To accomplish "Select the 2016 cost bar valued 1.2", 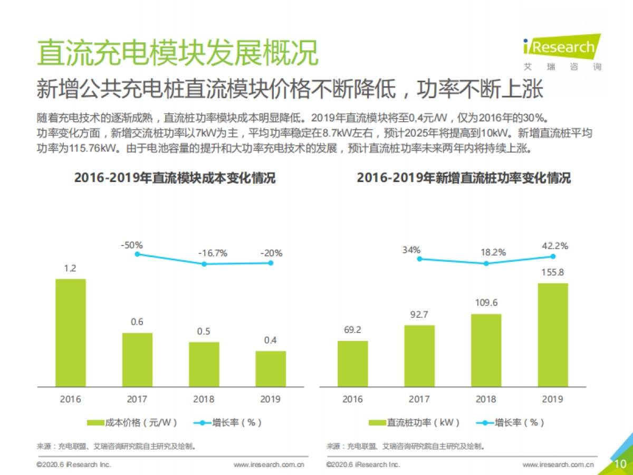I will pos(70,332).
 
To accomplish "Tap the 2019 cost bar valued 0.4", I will pos(271,368).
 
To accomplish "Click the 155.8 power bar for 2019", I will pos(553,335).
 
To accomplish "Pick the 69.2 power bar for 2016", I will pos(353,364).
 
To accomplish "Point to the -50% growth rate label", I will pos(131,245).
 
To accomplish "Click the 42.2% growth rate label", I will pos(555,245).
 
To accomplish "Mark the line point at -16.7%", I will pos(205,263).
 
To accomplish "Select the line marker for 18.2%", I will pos(486,263).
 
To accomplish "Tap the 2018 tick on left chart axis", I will pos(204,399).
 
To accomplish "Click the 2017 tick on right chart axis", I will pos(419,399).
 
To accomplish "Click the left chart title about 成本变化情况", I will pos(175,178).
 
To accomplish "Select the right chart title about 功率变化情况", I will pos(463,178).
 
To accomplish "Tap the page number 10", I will pos(620,463).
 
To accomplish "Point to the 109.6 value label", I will pos(486,303).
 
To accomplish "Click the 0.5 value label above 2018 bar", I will pos(204,331).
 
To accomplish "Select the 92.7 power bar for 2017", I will pos(419,356).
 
